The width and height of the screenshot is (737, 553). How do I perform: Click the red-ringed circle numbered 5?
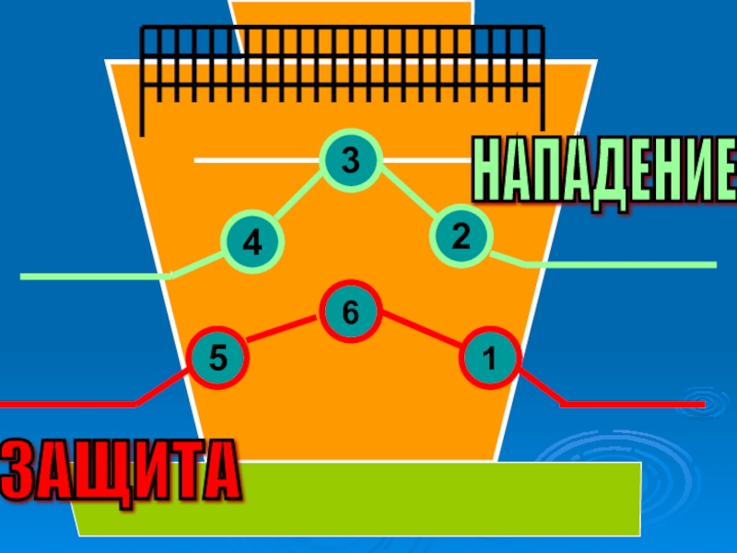[217, 358]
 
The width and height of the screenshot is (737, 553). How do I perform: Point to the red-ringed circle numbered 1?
[490, 358]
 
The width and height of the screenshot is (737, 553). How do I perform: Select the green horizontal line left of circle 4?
[92, 276]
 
